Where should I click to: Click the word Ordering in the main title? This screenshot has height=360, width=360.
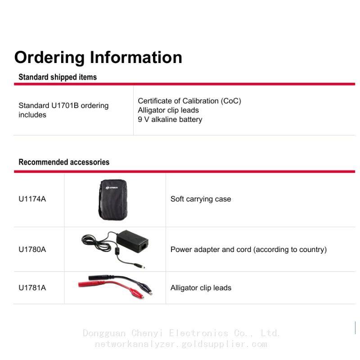tap(49, 58)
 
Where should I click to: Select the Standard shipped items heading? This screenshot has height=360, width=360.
tap(58, 77)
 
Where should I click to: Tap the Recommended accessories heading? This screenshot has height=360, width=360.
tap(64, 162)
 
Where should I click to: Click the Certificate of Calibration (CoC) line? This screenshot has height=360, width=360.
tap(189, 101)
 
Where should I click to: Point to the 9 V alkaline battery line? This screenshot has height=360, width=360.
tap(170, 119)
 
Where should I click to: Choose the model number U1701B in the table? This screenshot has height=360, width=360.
tap(65, 105)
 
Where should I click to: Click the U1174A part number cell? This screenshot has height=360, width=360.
tap(32, 199)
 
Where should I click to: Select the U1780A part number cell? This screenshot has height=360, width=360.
tap(32, 249)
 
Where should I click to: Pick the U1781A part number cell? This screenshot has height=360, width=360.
tap(32, 288)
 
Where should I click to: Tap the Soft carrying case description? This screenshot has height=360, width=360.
tap(201, 199)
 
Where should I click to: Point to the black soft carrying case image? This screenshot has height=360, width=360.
tap(113, 200)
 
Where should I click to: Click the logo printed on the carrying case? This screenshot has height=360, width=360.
tap(112, 188)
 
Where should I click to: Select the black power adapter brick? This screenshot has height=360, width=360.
tap(132, 241)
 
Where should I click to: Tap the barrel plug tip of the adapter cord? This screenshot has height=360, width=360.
tap(143, 267)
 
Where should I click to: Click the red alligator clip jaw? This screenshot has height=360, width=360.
tap(138, 294)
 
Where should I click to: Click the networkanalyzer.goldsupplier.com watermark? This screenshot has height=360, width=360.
tap(181, 344)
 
